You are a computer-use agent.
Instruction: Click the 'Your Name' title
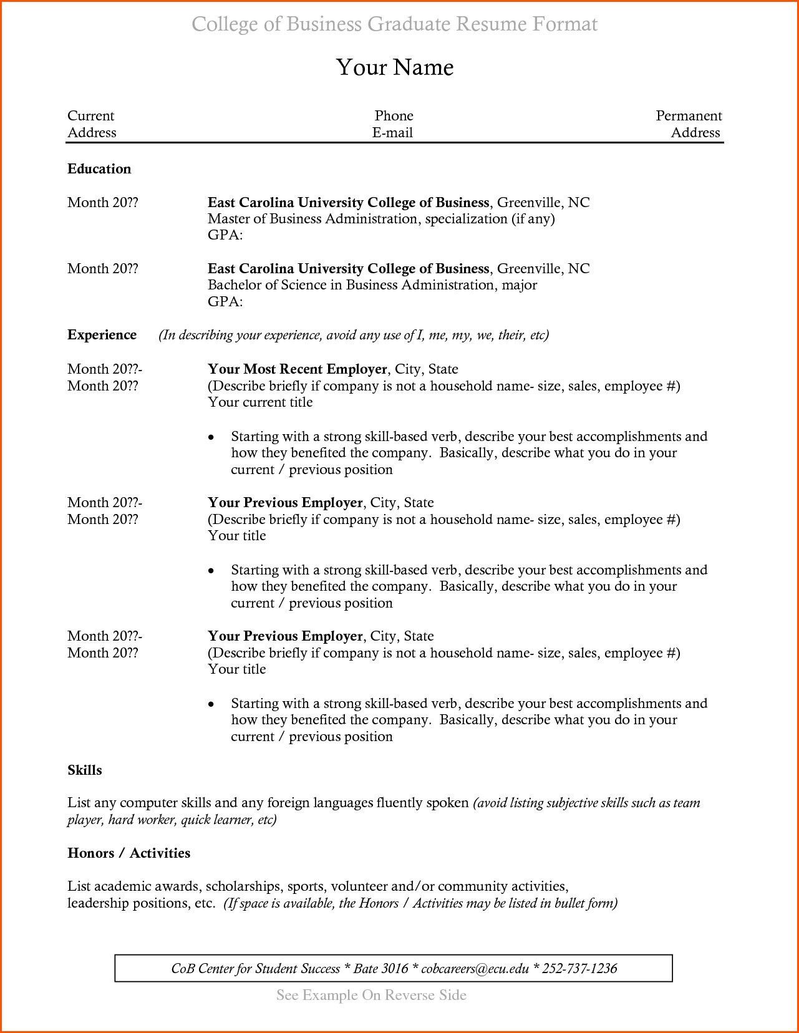[395, 67]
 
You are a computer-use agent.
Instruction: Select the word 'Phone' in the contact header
[394, 116]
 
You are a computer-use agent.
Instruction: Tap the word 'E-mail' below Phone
[392, 133]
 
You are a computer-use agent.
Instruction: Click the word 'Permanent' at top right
[689, 116]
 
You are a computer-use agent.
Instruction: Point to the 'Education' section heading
[99, 169]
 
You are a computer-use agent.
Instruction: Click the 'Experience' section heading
[102, 335]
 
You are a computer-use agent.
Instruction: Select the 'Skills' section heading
[84, 770]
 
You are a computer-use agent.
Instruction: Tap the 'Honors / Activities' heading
[128, 853]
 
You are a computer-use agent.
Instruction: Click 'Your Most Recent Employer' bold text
[297, 369]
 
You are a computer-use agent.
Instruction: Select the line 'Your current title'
[260, 402]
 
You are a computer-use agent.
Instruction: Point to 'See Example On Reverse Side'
[371, 995]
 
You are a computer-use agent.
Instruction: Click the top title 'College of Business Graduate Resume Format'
[394, 24]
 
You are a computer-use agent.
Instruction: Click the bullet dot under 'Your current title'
[211, 437]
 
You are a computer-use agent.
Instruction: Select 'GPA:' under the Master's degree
[225, 235]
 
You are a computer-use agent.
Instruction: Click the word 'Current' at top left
[91, 116]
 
